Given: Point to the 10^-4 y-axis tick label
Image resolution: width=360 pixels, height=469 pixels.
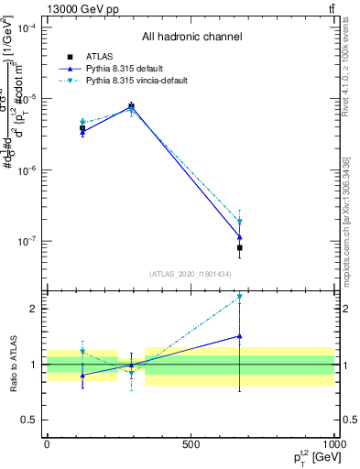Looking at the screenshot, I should coord(27,27).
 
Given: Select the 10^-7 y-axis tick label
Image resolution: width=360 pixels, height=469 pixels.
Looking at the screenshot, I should coord(27,242).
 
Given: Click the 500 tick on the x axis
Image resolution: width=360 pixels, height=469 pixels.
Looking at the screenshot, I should coord(191,444).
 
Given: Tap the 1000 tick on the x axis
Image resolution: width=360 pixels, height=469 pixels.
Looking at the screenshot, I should coord(333,444).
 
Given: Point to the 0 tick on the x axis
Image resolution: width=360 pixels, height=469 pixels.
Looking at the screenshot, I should coord(47,444).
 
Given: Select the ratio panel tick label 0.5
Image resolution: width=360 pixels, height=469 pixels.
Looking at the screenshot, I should coord(28,420).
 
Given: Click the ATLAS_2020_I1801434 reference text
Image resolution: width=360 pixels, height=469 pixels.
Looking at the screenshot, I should coord(191,274).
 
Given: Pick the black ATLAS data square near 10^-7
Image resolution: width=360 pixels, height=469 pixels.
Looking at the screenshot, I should coord(239,248).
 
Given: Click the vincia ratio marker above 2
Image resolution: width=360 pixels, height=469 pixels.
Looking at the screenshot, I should coord(239,297).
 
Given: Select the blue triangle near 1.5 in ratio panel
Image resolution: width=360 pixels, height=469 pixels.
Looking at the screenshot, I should coord(239,336).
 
